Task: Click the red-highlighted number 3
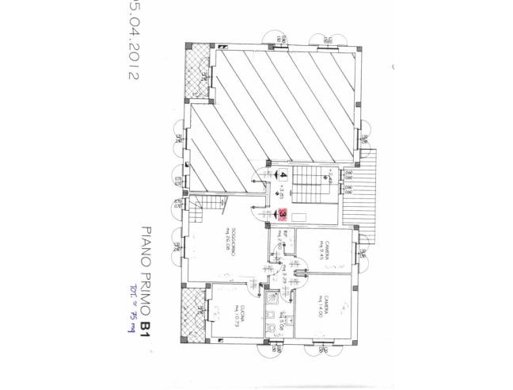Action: pos(283,213)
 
